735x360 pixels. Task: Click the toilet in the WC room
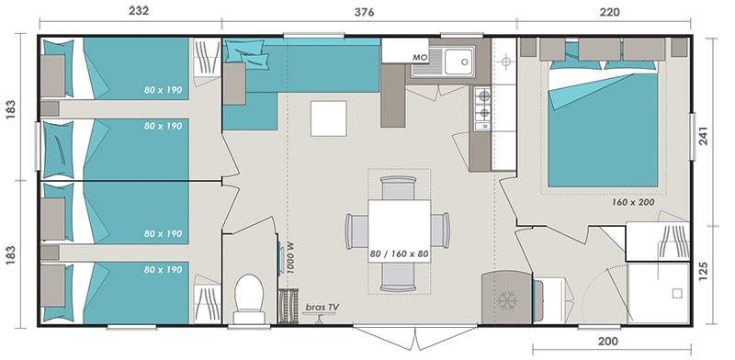click(249, 298)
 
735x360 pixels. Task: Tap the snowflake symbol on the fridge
click(507, 300)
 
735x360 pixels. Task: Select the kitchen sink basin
click(459, 61)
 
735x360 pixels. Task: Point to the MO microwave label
click(420, 57)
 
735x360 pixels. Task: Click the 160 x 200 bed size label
click(633, 202)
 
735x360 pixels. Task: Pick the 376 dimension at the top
click(364, 12)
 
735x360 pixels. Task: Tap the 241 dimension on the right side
click(704, 136)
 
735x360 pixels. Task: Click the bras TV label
click(322, 307)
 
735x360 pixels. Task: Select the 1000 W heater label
click(290, 257)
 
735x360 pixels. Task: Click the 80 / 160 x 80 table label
click(399, 254)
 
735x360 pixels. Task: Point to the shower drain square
click(677, 294)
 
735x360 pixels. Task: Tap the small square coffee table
click(329, 118)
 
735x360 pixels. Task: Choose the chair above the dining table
click(399, 187)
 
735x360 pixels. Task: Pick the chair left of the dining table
click(356, 231)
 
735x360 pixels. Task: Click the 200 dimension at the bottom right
click(608, 341)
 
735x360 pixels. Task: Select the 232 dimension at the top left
click(139, 11)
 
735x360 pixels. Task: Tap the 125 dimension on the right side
click(704, 272)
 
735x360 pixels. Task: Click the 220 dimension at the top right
click(609, 12)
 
